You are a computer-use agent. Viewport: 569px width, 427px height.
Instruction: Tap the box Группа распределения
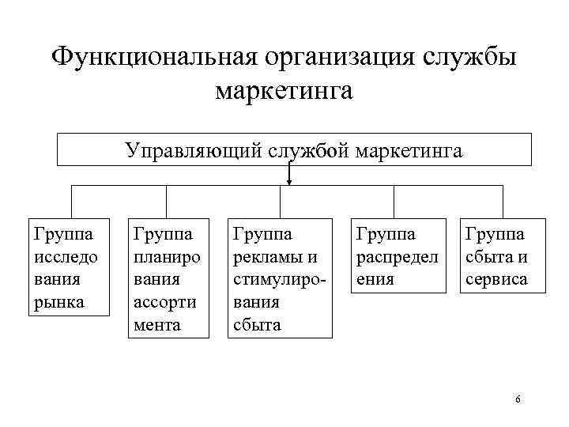[x=395, y=255]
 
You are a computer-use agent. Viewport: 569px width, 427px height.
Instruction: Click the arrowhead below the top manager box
[x=289, y=183]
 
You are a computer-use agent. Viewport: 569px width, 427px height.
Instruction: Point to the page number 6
[x=518, y=399]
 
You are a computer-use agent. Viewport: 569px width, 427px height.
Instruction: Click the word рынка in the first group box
[x=56, y=302]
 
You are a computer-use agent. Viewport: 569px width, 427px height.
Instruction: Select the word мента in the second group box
[x=157, y=325]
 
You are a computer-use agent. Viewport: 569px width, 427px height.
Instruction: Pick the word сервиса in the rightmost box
[x=497, y=279]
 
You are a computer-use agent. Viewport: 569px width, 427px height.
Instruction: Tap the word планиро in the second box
[x=167, y=256]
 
